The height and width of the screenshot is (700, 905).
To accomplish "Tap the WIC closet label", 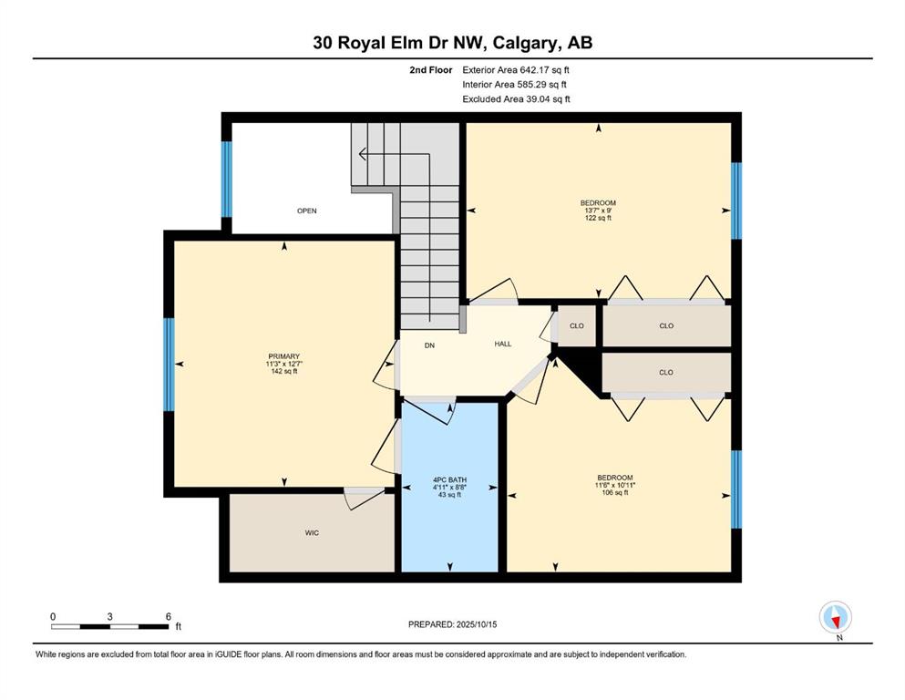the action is pos(312,532).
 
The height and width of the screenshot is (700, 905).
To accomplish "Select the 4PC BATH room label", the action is pos(449,479).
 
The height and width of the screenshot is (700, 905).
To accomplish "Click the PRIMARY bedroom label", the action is pos(284,356).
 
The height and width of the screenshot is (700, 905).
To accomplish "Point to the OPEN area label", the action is pos(307,211).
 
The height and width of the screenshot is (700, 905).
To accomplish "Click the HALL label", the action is pos(503,344).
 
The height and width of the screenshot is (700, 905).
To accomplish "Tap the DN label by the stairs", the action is pos(429,345).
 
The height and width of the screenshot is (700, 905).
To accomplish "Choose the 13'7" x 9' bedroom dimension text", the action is pos(598,211).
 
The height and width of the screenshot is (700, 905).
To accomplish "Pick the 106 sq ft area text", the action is pos(614,492).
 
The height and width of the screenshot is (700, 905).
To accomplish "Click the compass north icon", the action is pos(835,617).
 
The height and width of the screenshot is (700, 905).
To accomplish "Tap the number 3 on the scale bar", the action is pos(109,616).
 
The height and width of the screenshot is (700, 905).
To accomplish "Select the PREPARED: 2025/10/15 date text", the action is pos(452,624).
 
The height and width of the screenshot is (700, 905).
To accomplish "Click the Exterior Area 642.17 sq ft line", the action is pos(516,70).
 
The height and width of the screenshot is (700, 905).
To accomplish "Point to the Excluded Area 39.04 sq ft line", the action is pos(516,98).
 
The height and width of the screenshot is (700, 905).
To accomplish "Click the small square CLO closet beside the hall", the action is pos(577,326).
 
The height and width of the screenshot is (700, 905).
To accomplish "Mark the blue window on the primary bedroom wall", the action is pos(170,365).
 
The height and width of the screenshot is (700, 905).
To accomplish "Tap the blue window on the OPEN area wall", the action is pos(227,179).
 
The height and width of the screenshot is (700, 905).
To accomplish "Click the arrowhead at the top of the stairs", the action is pos(362,154).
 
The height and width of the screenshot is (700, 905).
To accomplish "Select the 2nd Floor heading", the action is pos(430,70).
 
